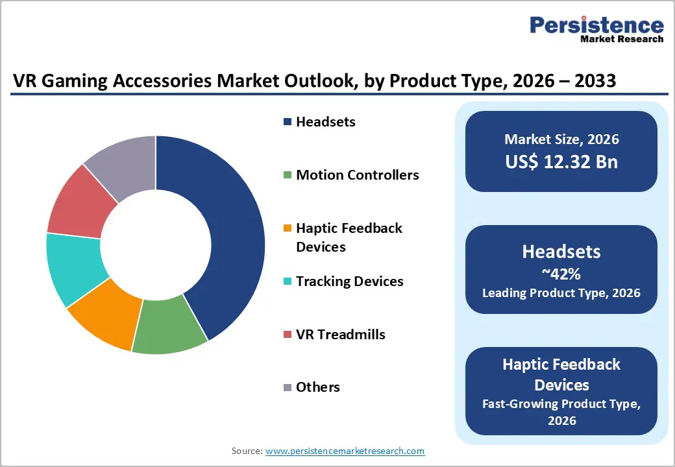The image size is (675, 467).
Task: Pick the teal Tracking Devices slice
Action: [73, 267]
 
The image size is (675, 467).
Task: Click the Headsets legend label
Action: [325, 122]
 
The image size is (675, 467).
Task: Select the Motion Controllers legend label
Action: [357, 175]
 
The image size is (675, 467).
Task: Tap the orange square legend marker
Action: [288, 229]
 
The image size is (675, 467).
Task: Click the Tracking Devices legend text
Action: [349, 281]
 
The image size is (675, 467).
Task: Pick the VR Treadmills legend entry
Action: [340, 335]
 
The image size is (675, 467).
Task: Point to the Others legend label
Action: [317, 387]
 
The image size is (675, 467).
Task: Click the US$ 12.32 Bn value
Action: [561, 162]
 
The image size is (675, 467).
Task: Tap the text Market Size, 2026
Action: [561, 139]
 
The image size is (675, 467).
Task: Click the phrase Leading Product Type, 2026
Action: [561, 293]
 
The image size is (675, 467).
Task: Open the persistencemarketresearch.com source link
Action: [345, 451]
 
